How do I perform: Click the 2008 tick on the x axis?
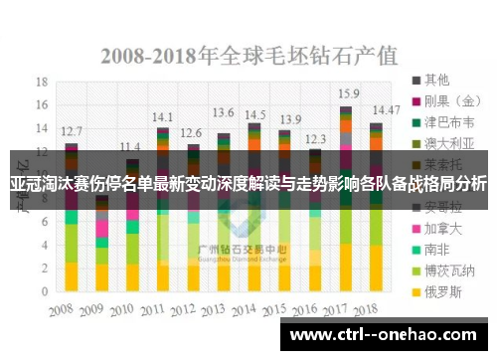pyautogui.click(x=70, y=309)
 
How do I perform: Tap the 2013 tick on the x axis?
pyautogui.click(x=224, y=309)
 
